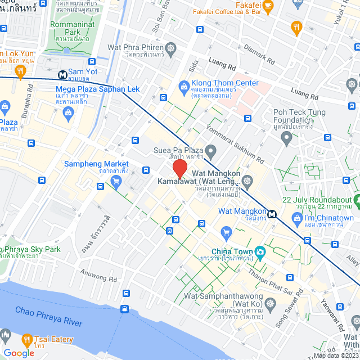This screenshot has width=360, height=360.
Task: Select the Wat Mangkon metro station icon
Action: [x=272, y=214]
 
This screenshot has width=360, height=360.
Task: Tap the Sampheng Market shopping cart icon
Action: [x=116, y=181]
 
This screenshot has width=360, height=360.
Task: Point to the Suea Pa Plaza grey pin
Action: [x=210, y=151]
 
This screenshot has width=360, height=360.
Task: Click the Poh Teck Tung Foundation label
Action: [x=293, y=115]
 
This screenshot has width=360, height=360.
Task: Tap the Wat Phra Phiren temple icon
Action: [x=169, y=50]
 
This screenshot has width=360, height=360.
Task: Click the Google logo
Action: [x=19, y=353]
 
